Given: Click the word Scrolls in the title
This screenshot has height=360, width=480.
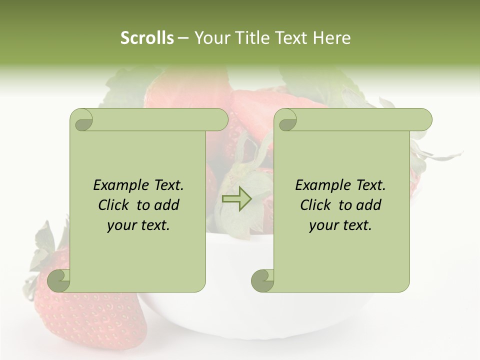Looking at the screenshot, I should tap(147, 38).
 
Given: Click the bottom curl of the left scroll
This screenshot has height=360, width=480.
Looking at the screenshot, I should tap(59, 280).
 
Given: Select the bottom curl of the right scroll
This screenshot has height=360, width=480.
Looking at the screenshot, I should tap(263, 280).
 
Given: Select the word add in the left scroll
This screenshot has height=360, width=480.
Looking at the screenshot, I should tap(167, 205).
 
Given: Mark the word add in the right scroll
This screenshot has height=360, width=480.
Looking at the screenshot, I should tap(369, 205).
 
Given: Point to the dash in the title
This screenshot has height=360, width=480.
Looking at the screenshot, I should tap(183, 38).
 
